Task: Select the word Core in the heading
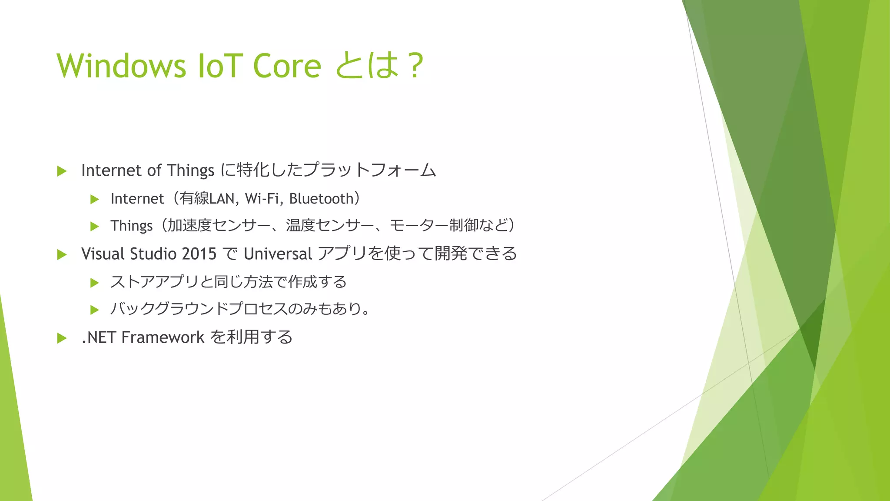click(x=287, y=66)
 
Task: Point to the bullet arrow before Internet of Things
click(x=62, y=171)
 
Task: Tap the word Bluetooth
click(x=322, y=199)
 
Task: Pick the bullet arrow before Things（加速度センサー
click(x=94, y=226)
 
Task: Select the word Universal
click(x=278, y=254)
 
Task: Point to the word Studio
click(x=153, y=254)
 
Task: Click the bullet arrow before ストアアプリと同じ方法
click(x=94, y=283)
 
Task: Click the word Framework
click(x=163, y=337)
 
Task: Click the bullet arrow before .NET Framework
click(x=62, y=338)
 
